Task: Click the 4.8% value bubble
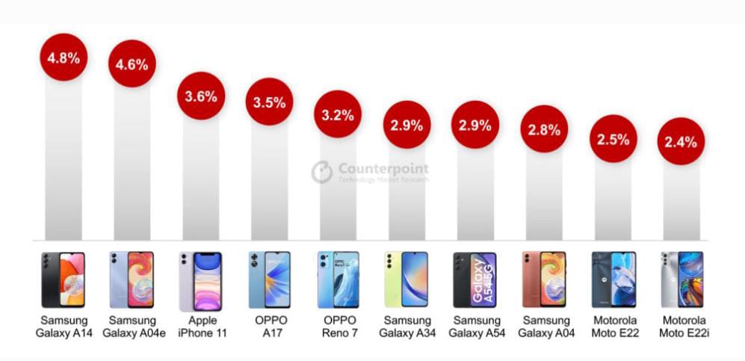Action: (64, 58)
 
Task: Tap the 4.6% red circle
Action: (132, 64)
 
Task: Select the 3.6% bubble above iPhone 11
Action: (200, 96)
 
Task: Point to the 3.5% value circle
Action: (269, 102)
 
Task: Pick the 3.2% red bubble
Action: (337, 114)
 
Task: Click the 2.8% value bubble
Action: (544, 129)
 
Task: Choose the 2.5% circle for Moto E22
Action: (613, 138)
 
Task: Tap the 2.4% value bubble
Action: (681, 141)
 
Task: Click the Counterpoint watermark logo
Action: (322, 172)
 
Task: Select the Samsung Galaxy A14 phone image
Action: (64, 280)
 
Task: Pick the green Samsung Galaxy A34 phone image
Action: (406, 280)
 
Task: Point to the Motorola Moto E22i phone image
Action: (681, 280)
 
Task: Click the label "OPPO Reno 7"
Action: (339, 327)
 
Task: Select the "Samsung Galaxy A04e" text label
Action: (132, 327)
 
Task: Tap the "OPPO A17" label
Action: (270, 327)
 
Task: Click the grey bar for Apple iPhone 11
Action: (200, 179)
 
